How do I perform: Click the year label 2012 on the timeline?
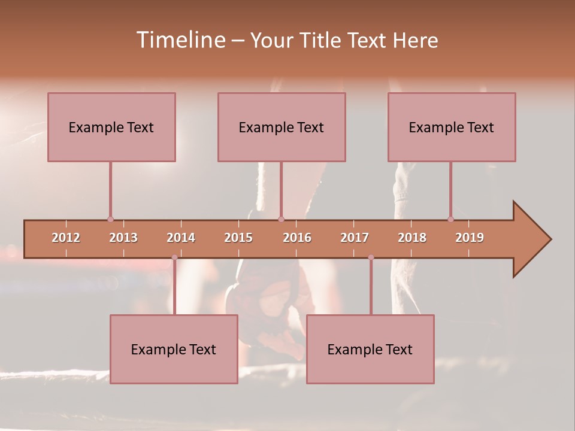pyautogui.click(x=66, y=238)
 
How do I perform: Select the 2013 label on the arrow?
pyautogui.click(x=123, y=238)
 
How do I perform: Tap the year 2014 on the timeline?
pyautogui.click(x=181, y=238)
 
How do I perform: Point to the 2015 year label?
pyautogui.click(x=238, y=238)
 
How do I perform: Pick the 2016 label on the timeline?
pyautogui.click(x=297, y=238)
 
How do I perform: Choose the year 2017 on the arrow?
pyautogui.click(x=355, y=238)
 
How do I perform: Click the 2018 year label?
pyautogui.click(x=412, y=238)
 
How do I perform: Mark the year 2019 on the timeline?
pyautogui.click(x=470, y=238)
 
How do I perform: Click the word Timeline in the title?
pyautogui.click(x=180, y=40)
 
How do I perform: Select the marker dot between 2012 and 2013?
pyautogui.click(x=110, y=219)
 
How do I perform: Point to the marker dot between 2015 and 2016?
pyautogui.click(x=281, y=219)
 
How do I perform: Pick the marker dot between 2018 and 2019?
pyautogui.click(x=450, y=219)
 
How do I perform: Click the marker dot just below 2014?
pyautogui.click(x=174, y=257)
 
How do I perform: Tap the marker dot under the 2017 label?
pyautogui.click(x=371, y=257)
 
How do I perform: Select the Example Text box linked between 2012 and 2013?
pyautogui.click(x=111, y=127)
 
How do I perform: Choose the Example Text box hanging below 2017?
pyautogui.click(x=370, y=349)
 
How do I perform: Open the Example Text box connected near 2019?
pyautogui.click(x=452, y=127)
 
